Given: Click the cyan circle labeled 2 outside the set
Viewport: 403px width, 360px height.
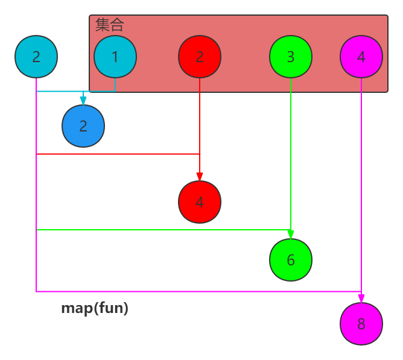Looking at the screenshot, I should coord(36,57).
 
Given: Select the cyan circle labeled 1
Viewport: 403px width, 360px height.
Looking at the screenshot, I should coord(115,57).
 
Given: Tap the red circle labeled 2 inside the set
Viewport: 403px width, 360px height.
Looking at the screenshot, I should coord(200,57).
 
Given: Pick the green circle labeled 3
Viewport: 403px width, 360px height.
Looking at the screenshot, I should coord(291,57).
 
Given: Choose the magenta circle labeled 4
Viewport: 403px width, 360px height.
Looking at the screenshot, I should coord(361,57).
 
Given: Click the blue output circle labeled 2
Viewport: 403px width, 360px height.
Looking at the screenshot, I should coord(83,126).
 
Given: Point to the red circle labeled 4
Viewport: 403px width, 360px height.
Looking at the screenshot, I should coord(200,201).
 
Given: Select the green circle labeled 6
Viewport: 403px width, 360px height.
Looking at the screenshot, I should coord(291,260).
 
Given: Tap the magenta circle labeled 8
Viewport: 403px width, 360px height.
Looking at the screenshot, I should coord(361,324).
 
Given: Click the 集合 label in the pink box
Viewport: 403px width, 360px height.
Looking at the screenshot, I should coord(109,25).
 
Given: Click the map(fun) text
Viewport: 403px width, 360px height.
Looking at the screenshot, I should coord(95,308).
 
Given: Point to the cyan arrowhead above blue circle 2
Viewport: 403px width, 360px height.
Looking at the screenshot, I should coord(83,101).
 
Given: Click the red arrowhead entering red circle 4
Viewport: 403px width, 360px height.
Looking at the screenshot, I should coord(200,176).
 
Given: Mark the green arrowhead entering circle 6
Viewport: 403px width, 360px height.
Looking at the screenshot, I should coord(291,235).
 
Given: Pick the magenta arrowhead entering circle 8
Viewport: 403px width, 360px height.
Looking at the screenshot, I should coord(361,298).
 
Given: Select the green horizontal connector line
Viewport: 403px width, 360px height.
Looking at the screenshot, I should coord(163,230).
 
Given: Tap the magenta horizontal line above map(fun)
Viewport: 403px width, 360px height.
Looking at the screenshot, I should coord(199,292).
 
